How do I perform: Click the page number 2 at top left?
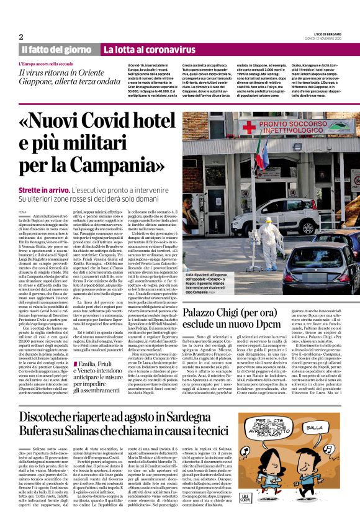click(21, 37)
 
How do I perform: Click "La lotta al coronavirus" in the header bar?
click(143, 49)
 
